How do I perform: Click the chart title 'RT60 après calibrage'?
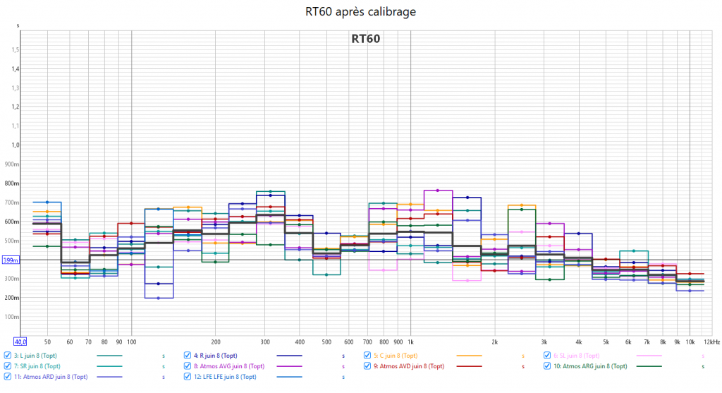361,12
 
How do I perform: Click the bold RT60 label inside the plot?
366,39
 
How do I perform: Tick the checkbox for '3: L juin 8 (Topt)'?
8,356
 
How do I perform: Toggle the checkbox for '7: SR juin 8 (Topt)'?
8,366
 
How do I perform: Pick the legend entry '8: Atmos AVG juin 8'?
228,366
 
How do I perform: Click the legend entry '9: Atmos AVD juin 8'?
409,366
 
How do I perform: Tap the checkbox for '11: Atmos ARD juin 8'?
8,377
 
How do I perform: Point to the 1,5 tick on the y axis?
14,50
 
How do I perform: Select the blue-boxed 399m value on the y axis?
11,260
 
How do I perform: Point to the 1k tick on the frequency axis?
410,341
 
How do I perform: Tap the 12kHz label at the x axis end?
711,341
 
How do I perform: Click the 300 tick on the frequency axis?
265,341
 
